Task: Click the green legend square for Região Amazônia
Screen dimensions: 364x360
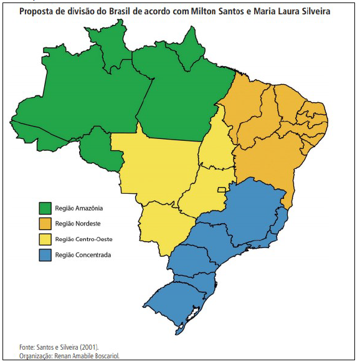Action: tap(45, 208)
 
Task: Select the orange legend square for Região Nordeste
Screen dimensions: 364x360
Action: tap(45, 223)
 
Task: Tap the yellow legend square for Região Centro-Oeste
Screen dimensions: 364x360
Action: tap(45, 239)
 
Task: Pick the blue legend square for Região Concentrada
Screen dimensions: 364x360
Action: tap(45, 254)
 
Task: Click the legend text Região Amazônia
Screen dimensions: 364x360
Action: tap(78, 208)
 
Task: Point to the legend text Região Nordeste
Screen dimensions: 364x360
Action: tap(77, 223)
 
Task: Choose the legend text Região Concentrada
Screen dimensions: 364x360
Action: tap(82, 254)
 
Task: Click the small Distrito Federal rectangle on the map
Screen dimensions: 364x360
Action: tap(220, 189)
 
